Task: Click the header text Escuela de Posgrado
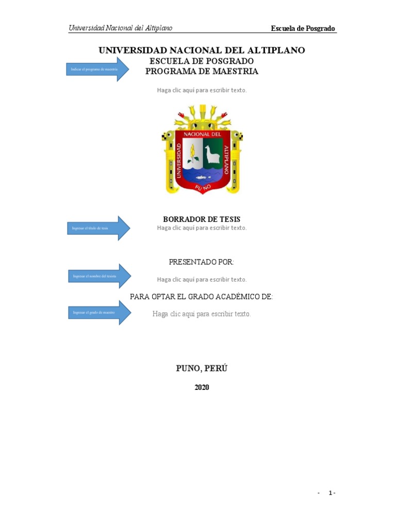tap(304, 28)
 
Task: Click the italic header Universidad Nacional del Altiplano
tap(121, 28)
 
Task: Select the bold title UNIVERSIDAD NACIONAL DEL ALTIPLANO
tap(202, 50)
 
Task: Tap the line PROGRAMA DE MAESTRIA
tap(202, 72)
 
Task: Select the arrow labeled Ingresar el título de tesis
tap(98, 228)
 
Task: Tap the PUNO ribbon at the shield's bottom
tap(202, 189)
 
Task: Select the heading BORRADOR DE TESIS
tap(202, 219)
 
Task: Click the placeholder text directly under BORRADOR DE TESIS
tap(202, 228)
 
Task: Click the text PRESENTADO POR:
tap(202, 262)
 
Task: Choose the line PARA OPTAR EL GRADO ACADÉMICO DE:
tap(202, 296)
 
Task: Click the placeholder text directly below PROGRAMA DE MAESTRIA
tap(202, 90)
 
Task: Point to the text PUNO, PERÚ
tap(202, 368)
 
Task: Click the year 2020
tap(202, 388)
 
